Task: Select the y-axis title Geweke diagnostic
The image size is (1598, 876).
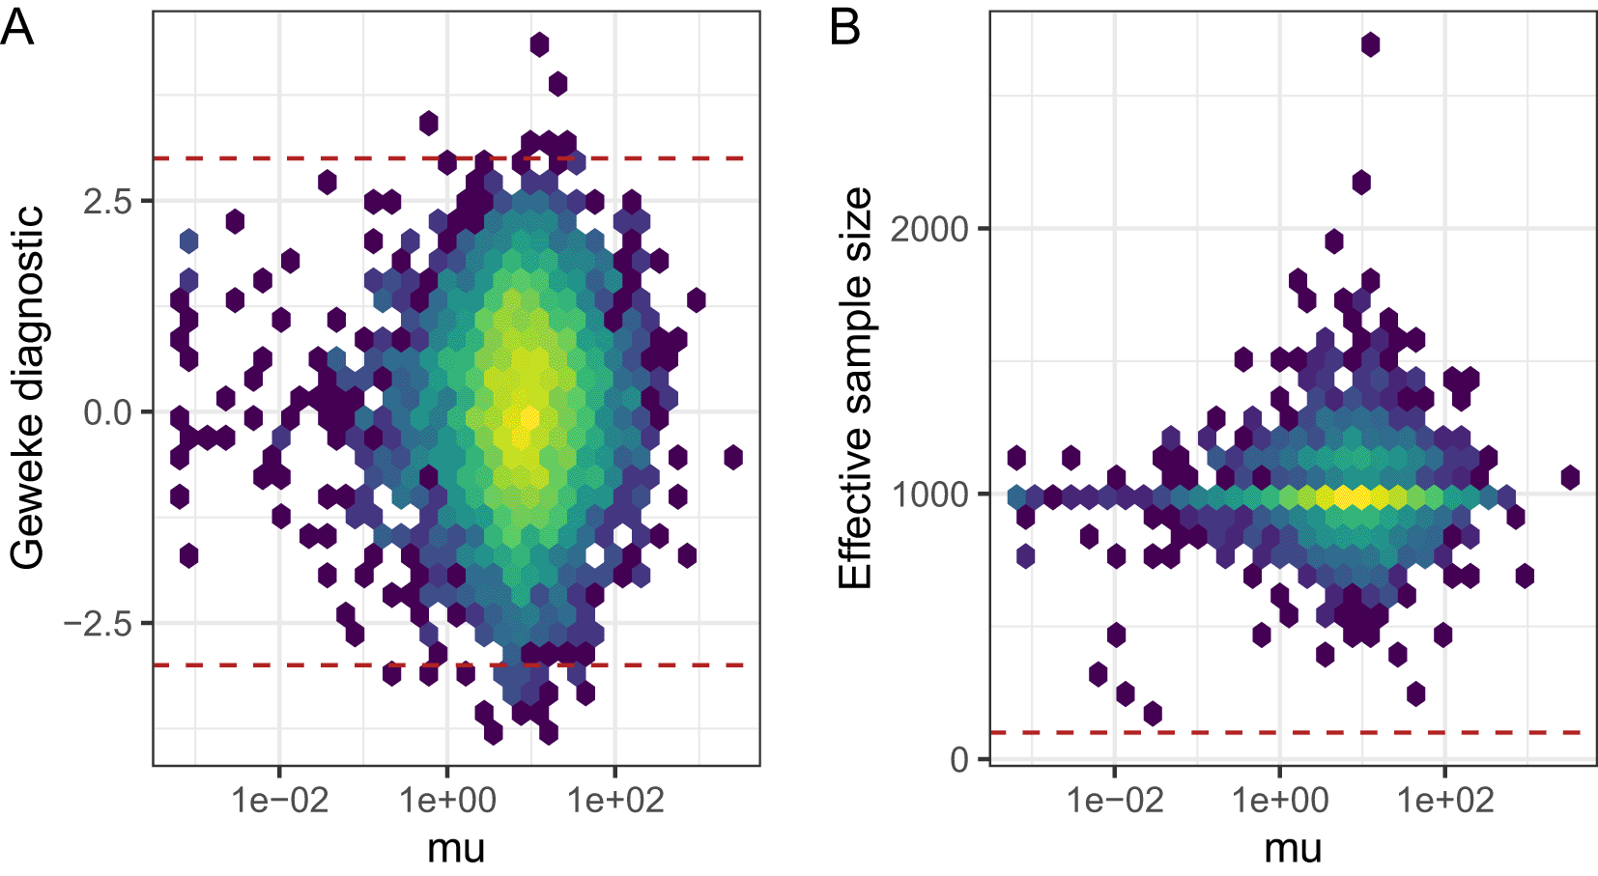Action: tap(27, 386)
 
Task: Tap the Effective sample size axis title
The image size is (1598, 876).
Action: tap(856, 386)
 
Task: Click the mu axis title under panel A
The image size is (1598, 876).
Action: tap(456, 849)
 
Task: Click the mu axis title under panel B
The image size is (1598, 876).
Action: tap(1293, 849)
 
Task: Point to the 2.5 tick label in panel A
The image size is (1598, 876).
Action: tap(106, 201)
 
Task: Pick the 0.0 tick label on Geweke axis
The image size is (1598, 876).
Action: tap(106, 412)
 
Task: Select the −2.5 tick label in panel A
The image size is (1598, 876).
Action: tap(97, 624)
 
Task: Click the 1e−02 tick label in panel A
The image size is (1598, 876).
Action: tap(280, 801)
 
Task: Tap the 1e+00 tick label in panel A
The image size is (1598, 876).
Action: tap(447, 801)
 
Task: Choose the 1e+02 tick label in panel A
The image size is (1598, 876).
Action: tap(615, 801)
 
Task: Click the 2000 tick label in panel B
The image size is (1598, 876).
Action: tap(928, 230)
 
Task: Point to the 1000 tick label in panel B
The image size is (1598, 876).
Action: tap(928, 495)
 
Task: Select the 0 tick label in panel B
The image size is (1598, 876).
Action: tap(959, 760)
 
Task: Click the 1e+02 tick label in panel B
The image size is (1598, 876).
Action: tap(1445, 801)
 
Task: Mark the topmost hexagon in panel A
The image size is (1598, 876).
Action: tap(539, 44)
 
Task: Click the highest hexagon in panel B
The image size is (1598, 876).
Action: tap(1370, 44)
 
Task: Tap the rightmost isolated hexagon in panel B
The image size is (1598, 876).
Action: tap(1570, 477)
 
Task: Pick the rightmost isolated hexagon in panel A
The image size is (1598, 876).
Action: tap(733, 457)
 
